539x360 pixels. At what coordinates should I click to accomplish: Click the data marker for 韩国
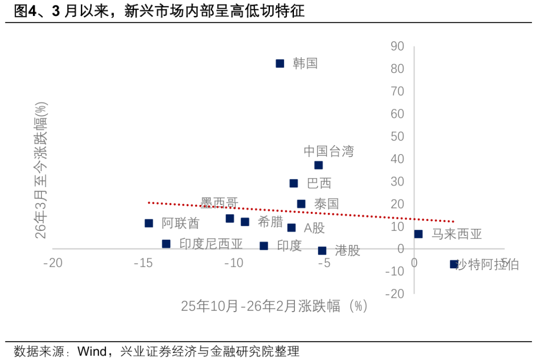pyautogui.click(x=280, y=63)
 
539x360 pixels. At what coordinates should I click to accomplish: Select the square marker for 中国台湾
pyautogui.click(x=318, y=165)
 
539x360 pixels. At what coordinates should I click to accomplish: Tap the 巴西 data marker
pyautogui.click(x=293, y=183)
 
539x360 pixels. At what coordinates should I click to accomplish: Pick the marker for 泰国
pyautogui.click(x=301, y=204)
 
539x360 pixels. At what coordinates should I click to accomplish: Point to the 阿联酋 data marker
pyautogui.click(x=149, y=223)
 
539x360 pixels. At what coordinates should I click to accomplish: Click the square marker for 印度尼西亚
pyautogui.click(x=166, y=244)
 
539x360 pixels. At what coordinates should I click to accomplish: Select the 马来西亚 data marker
pyautogui.click(x=418, y=234)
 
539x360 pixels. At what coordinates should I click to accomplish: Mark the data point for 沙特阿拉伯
pyautogui.click(x=454, y=264)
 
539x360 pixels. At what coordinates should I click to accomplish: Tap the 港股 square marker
pyautogui.click(x=322, y=251)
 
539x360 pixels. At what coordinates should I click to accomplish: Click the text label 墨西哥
pyautogui.click(x=219, y=202)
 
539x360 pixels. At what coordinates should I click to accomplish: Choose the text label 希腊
pyautogui.click(x=270, y=222)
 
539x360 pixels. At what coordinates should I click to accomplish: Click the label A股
pyautogui.click(x=314, y=228)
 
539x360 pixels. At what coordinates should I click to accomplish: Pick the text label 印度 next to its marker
pyautogui.click(x=289, y=246)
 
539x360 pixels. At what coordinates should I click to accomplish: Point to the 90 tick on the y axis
pyautogui.click(x=397, y=46)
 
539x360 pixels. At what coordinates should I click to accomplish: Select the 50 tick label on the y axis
pyautogui.click(x=397, y=137)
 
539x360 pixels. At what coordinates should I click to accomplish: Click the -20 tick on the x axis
pyautogui.click(x=52, y=263)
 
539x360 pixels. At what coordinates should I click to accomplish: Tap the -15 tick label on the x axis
pyautogui.click(x=143, y=263)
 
